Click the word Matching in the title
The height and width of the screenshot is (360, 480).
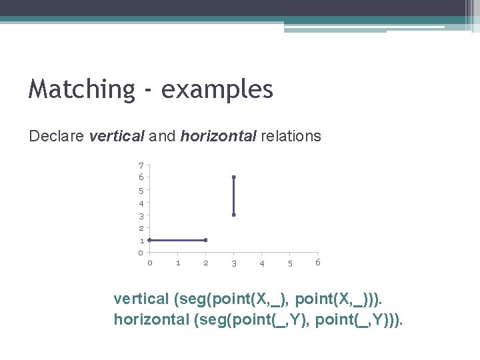click(x=81, y=89)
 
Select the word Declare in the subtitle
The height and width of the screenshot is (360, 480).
click(x=56, y=137)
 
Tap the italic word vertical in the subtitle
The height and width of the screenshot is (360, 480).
click(x=116, y=137)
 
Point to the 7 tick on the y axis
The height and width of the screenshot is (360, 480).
click(x=141, y=165)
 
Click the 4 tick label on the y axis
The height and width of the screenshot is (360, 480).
click(x=141, y=203)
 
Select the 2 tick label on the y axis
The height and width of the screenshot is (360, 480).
click(x=141, y=229)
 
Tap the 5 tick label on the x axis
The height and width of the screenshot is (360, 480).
click(x=290, y=264)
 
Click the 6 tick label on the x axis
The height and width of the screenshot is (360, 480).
click(x=318, y=263)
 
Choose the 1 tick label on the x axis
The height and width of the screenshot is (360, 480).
click(x=178, y=263)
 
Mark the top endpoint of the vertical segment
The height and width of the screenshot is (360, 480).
click(x=233, y=177)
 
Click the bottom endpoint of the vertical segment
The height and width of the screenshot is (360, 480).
click(x=233, y=215)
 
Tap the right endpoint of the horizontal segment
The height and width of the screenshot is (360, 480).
click(x=205, y=240)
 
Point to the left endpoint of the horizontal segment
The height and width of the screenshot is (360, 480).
click(x=149, y=240)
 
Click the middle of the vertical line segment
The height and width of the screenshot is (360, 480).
click(x=233, y=196)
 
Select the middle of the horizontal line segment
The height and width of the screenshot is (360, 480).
click(x=177, y=240)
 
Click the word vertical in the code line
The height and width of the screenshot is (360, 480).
click(x=141, y=297)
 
